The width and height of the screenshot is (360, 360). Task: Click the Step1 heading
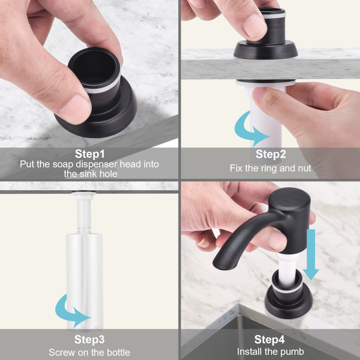pos(89,154)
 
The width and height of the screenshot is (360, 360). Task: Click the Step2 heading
pos(271,154)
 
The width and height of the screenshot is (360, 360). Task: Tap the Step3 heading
pos(89,339)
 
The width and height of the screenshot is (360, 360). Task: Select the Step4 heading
pos(269,339)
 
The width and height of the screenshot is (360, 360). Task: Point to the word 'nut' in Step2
pos(304,168)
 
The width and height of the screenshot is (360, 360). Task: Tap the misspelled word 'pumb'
pos(293,351)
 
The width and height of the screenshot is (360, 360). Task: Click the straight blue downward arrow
pos(311,254)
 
